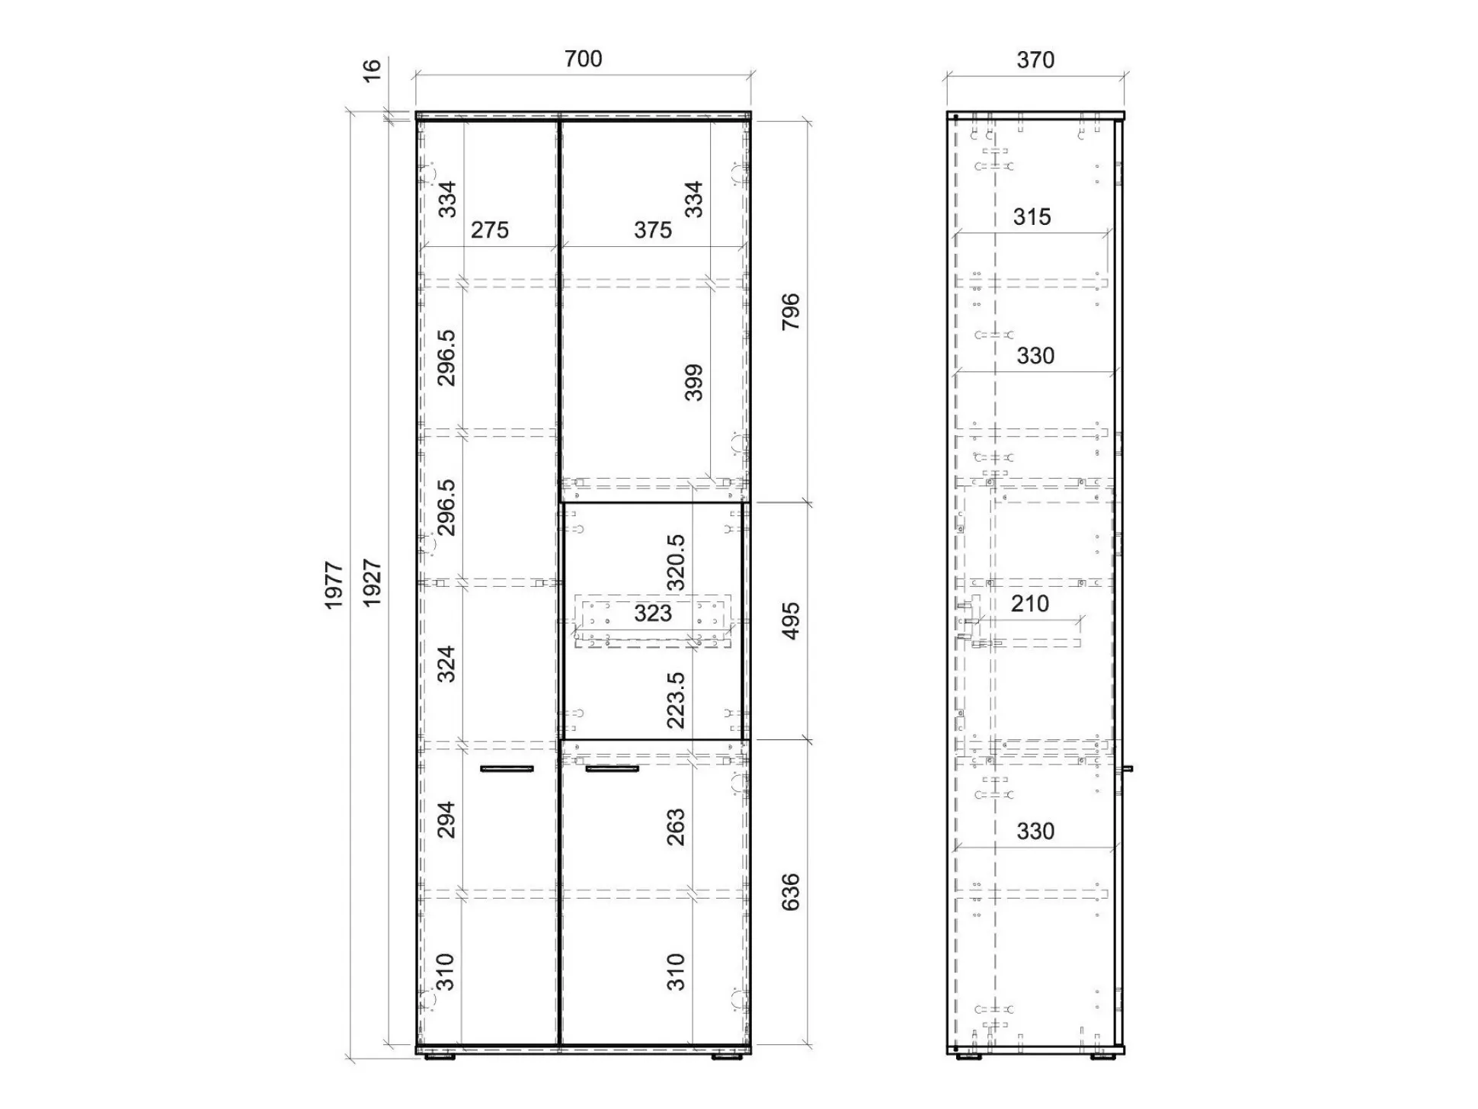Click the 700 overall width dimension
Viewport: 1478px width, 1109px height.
click(583, 59)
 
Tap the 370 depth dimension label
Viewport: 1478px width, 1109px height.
click(1035, 59)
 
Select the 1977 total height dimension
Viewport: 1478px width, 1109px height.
click(334, 585)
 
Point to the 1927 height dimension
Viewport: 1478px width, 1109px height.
click(372, 583)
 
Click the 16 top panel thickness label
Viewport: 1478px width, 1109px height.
click(371, 70)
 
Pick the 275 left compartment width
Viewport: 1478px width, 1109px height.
click(489, 229)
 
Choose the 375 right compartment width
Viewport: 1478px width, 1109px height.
click(653, 229)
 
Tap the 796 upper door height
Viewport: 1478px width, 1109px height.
click(791, 311)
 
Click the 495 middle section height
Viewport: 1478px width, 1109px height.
click(791, 621)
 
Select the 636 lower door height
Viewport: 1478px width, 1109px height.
click(791, 892)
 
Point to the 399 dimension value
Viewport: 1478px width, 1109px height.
click(693, 383)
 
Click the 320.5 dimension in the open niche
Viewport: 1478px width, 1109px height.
click(676, 563)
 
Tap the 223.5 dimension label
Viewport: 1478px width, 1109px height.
click(676, 700)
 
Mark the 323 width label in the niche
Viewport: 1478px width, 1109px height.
click(653, 613)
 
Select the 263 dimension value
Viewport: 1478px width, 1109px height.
click(676, 828)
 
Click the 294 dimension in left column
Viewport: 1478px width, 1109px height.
click(446, 819)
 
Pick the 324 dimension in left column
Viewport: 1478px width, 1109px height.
click(446, 664)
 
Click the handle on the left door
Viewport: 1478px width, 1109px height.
click(507, 769)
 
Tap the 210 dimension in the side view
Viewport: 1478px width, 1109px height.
click(1030, 604)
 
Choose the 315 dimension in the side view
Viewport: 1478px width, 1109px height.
click(1032, 217)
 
